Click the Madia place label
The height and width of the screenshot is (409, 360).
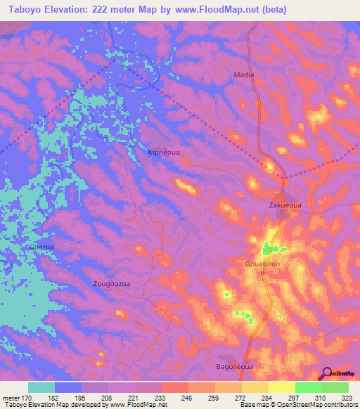coord(244,74)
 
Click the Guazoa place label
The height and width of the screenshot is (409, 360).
coord(41,247)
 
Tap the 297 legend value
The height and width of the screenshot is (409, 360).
coord(282,398)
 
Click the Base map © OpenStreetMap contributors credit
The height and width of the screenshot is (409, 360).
coord(297,405)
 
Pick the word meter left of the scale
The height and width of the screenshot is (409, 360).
coord(11,398)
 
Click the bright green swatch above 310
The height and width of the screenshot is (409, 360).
coord(308,387)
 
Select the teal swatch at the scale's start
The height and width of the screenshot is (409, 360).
coord(41,387)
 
